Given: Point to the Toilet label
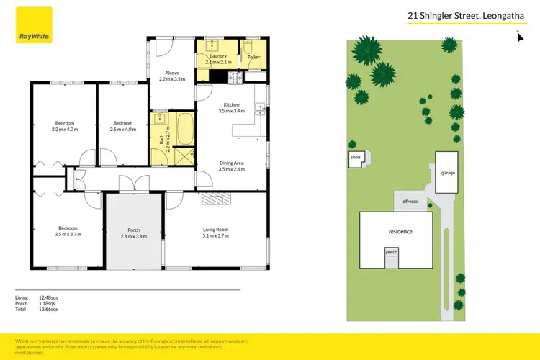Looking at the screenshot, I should tap(253, 56).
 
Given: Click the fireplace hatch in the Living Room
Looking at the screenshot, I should tap(215, 199).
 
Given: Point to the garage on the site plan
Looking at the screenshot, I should tap(446, 173).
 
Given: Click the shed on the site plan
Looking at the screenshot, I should tap(356, 158).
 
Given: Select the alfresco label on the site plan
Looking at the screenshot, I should tap(410, 202).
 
